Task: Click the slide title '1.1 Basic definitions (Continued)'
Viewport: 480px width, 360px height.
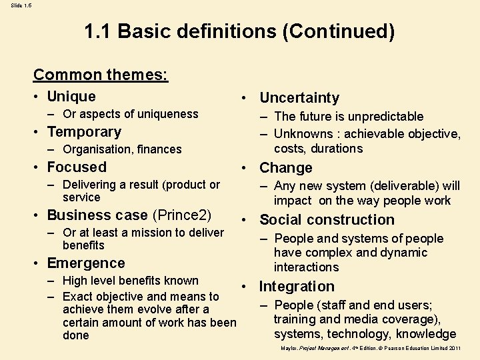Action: pos(239,31)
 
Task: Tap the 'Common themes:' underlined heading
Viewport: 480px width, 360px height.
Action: pos(101,75)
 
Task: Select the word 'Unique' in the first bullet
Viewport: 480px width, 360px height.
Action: pos(71,97)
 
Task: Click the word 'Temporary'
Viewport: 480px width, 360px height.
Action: pos(84,132)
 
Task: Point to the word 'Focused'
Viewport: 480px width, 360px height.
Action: pos(77,167)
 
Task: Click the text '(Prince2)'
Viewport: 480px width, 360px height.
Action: pos(182,215)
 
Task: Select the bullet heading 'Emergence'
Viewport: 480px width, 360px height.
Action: pos(86,263)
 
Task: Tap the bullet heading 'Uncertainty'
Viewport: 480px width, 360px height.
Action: pos(299,98)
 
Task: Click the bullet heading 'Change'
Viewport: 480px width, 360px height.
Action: pos(286,168)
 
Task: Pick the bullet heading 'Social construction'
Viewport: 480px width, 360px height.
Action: pos(327,220)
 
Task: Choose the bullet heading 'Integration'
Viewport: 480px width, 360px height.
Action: pos(297,287)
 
